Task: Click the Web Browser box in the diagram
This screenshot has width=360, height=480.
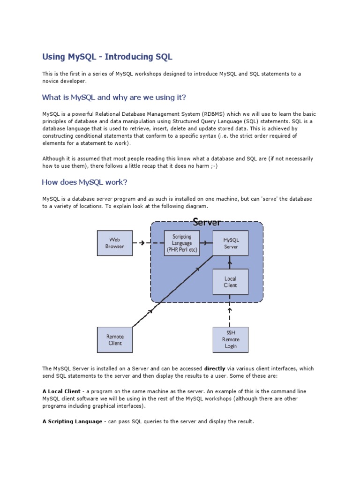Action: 115,243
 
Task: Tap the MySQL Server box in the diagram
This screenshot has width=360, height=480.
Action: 231,243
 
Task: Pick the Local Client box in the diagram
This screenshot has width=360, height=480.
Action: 230,282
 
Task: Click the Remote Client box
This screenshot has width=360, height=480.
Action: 115,340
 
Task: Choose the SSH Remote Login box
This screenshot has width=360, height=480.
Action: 230,339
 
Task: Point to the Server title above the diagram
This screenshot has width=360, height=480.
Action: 207,222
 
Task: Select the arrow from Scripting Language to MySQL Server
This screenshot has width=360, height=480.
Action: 206,243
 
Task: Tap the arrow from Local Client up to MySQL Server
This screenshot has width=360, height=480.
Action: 230,262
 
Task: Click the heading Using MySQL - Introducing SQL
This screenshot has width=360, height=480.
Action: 107,57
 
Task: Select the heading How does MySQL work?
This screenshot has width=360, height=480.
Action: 84,182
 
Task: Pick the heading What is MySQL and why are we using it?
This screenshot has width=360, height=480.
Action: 114,97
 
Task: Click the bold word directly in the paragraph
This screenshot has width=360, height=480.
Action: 215,369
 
